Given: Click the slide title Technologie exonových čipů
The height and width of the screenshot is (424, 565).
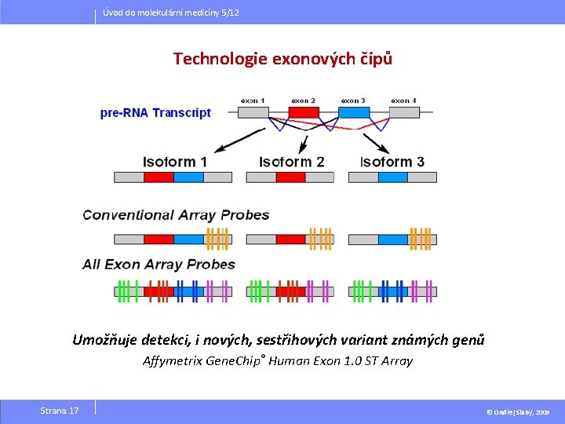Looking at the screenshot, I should [x=282, y=59].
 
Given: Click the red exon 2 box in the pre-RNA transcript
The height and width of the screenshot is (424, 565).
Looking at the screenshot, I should [x=304, y=112].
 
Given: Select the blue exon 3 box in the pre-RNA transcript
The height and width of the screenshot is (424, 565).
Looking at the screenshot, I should [x=353, y=112].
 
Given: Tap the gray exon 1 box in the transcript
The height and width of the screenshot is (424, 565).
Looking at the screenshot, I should [x=253, y=112].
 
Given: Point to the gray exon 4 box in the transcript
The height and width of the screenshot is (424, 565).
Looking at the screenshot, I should [x=404, y=112].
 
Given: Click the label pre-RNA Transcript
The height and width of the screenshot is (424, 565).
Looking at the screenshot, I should [x=155, y=112].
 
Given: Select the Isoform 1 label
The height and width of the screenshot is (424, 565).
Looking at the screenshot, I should [x=175, y=162].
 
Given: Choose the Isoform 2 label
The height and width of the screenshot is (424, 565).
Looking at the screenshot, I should [x=291, y=162].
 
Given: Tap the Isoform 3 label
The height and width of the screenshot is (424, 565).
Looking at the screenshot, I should [x=392, y=162].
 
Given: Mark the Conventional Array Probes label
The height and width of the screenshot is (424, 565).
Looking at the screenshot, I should [x=176, y=214].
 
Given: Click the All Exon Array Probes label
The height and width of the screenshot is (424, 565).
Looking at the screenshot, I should [x=159, y=264].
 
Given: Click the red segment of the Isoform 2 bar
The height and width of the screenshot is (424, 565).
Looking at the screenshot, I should [x=290, y=177].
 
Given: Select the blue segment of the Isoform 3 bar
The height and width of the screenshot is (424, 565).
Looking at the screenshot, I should [x=393, y=177].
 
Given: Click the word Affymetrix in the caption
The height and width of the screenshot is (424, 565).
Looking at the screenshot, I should [x=172, y=361].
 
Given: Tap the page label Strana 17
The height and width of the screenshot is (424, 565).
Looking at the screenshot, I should [x=60, y=411].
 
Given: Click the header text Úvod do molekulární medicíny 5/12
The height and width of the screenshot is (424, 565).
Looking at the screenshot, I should [x=172, y=13].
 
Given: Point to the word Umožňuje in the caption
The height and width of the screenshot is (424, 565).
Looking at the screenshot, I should [x=103, y=340].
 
